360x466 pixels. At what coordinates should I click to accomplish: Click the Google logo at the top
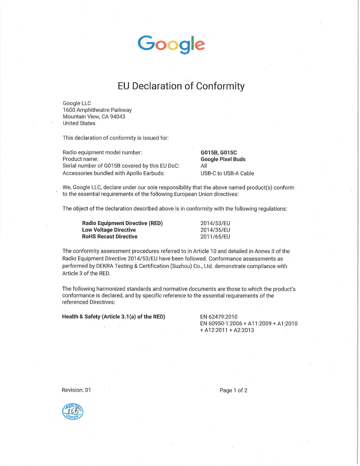click(x=171, y=44)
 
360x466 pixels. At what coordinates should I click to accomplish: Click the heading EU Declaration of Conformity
click(x=181, y=86)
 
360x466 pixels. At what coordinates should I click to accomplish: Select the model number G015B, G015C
click(x=219, y=152)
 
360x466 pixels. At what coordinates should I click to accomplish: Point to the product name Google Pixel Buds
click(x=223, y=159)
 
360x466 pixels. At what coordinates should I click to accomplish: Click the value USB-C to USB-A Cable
click(x=227, y=174)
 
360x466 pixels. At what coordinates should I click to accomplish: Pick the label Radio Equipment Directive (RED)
click(x=122, y=223)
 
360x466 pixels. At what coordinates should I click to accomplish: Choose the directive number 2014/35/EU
click(x=215, y=230)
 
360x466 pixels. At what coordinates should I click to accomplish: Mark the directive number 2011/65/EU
click(x=215, y=237)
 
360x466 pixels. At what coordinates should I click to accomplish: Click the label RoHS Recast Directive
click(x=110, y=237)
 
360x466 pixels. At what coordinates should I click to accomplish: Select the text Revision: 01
click(x=76, y=390)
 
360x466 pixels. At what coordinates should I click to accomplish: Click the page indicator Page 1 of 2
click(x=233, y=390)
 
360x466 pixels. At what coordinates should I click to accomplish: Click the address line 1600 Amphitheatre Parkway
click(x=97, y=110)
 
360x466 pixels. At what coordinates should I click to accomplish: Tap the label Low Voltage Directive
click(x=109, y=230)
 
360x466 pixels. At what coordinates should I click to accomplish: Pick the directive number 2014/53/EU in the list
click(x=215, y=223)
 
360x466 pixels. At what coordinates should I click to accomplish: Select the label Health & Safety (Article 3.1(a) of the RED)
click(x=114, y=316)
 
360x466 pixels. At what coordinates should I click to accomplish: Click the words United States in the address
click(x=79, y=123)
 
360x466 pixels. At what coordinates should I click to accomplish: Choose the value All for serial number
click(x=204, y=166)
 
